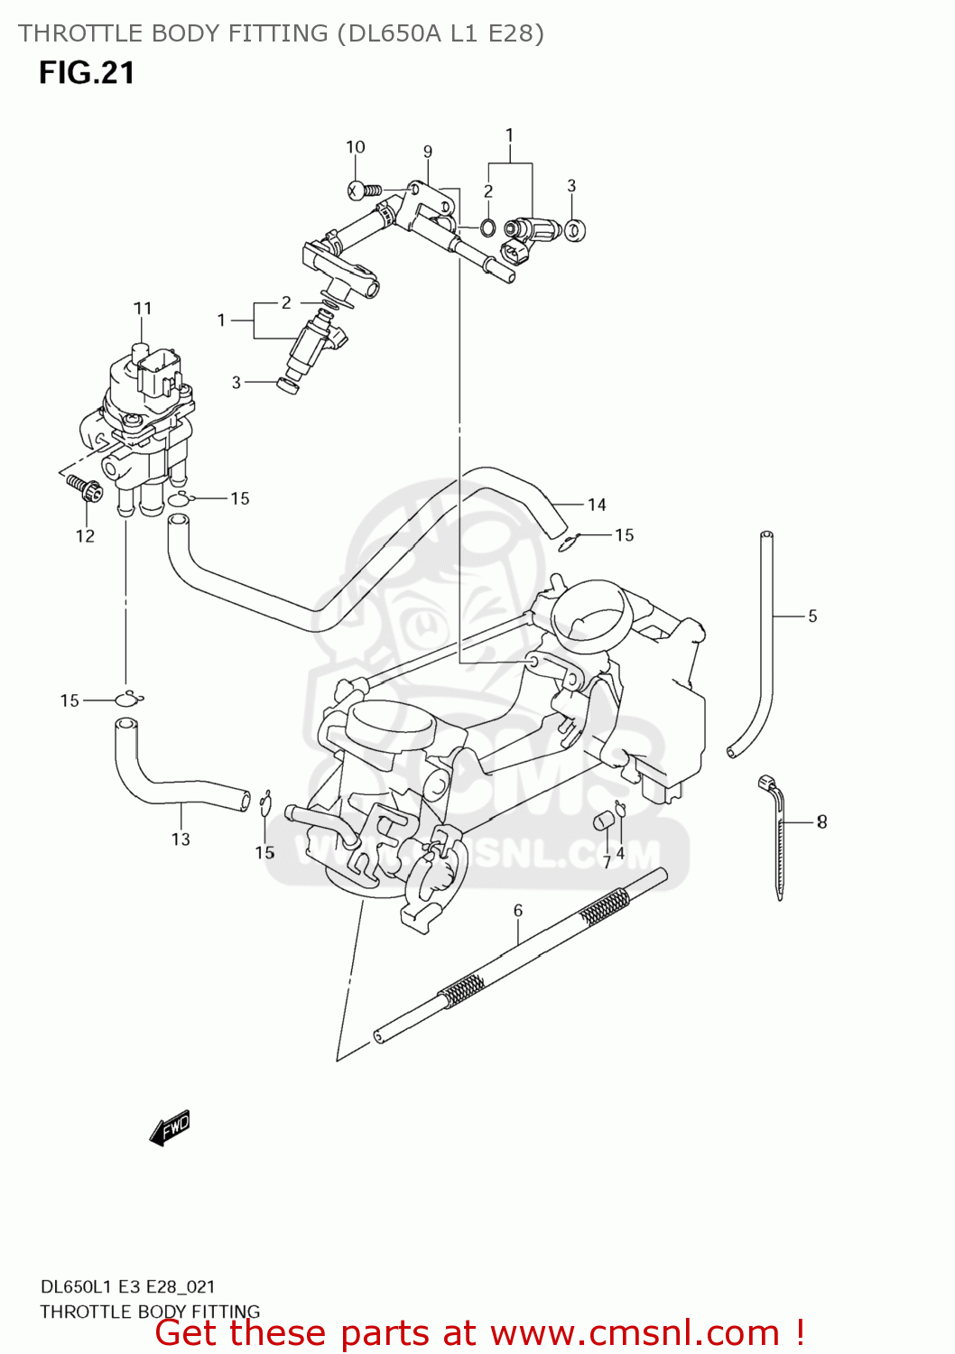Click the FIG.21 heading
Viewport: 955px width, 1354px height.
coord(87,73)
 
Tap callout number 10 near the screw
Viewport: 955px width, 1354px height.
coord(356,147)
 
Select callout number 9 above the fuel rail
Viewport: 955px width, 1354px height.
coord(428,152)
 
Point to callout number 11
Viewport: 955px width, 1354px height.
coord(143,309)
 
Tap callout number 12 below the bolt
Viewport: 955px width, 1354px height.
coord(85,536)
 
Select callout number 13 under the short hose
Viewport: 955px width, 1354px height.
coord(181,839)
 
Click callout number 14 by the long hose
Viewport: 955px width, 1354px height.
coord(597,505)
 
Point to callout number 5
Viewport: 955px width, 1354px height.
coord(812,617)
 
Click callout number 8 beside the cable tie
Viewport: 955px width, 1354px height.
coord(821,821)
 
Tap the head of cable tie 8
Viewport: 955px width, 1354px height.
coord(767,782)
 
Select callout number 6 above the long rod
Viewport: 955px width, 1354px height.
coord(518,911)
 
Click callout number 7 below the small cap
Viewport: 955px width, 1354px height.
coord(607,862)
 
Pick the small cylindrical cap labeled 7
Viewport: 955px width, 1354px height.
coord(603,821)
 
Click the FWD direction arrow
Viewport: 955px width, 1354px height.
coord(170,1128)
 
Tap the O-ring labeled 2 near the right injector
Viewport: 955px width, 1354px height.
coord(487,227)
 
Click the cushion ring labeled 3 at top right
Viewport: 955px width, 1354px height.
coord(574,230)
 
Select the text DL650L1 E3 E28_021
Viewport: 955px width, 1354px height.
coord(127,1287)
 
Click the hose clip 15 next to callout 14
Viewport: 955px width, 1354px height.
coord(567,542)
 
